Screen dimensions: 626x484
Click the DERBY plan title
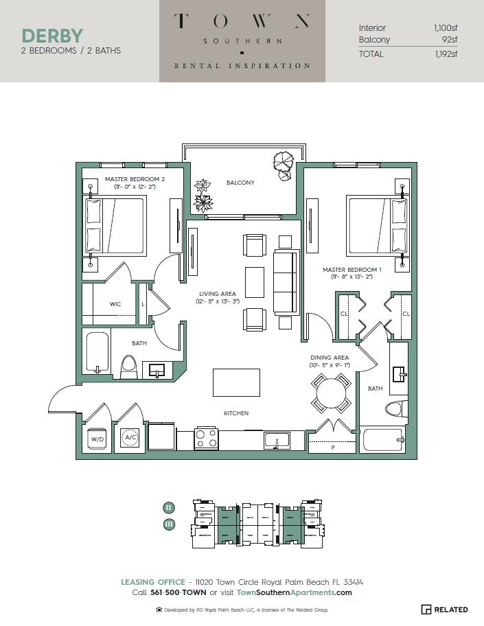(x=52, y=35)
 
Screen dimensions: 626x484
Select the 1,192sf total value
(x=446, y=54)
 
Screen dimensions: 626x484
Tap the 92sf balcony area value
(x=450, y=40)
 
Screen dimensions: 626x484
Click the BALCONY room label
(x=240, y=183)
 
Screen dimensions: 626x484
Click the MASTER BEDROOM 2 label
(x=130, y=179)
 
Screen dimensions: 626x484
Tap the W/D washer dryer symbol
(x=97, y=438)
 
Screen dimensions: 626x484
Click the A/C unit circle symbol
(x=130, y=437)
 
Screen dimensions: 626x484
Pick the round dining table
(x=331, y=394)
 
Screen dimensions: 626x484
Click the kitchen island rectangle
(x=236, y=382)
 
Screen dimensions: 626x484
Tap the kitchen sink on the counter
(x=277, y=439)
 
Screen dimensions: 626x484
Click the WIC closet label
(x=115, y=303)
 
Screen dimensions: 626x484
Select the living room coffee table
(x=254, y=281)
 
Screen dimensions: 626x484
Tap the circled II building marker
(x=169, y=508)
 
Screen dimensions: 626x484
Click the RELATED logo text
(x=450, y=610)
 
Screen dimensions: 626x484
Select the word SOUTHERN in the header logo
(x=242, y=41)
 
